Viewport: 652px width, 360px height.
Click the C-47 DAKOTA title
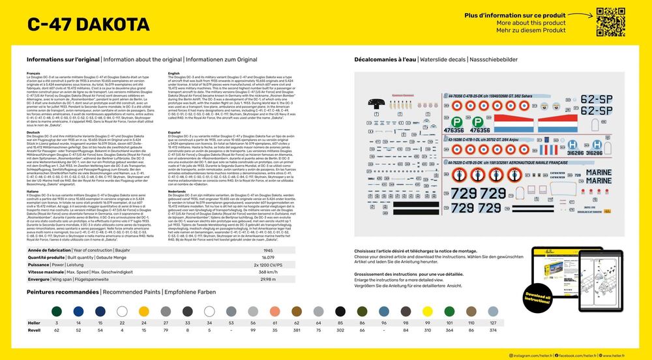tap(89, 25)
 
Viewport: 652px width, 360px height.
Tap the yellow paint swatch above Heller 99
tap(428, 311)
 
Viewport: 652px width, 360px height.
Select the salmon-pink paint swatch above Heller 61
tap(274, 311)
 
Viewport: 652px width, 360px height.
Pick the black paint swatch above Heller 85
tap(340, 311)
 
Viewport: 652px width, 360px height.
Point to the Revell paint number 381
tap(297, 331)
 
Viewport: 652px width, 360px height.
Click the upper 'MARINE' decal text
tap(589, 172)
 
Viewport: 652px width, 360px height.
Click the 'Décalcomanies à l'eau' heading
tap(386, 59)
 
